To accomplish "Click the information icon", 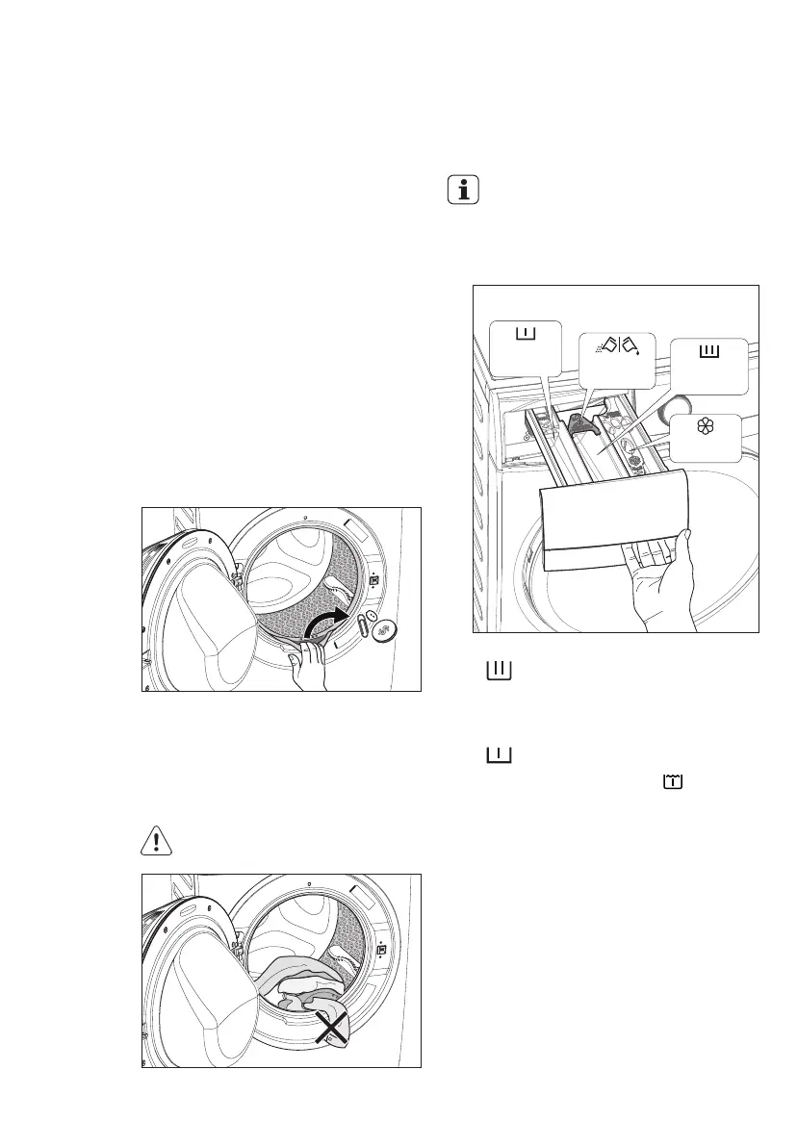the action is pos(465,190).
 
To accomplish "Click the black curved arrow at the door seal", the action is pos(326,622).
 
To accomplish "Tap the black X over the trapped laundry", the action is pos(330,1031).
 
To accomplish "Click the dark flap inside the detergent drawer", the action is pos(580,424).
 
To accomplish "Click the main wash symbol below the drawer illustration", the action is pos(499,670).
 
